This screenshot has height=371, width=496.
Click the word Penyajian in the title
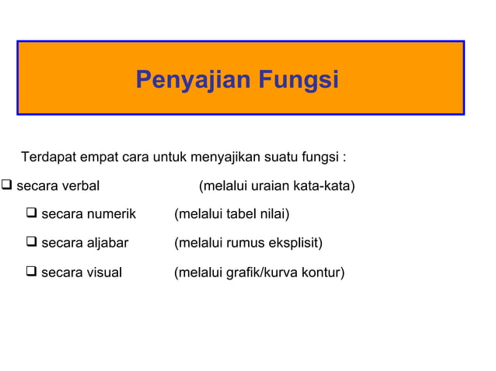point(185,80)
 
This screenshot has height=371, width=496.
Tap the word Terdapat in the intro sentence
point(48,158)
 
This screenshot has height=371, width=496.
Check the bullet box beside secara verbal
point(7,186)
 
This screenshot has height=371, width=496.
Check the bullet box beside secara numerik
point(31,213)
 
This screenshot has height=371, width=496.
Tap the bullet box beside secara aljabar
point(31,243)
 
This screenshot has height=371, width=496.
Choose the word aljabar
point(108,244)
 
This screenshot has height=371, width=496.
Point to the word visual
point(105,272)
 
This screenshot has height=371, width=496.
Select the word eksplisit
point(296,244)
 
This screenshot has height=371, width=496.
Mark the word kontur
point(324,272)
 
